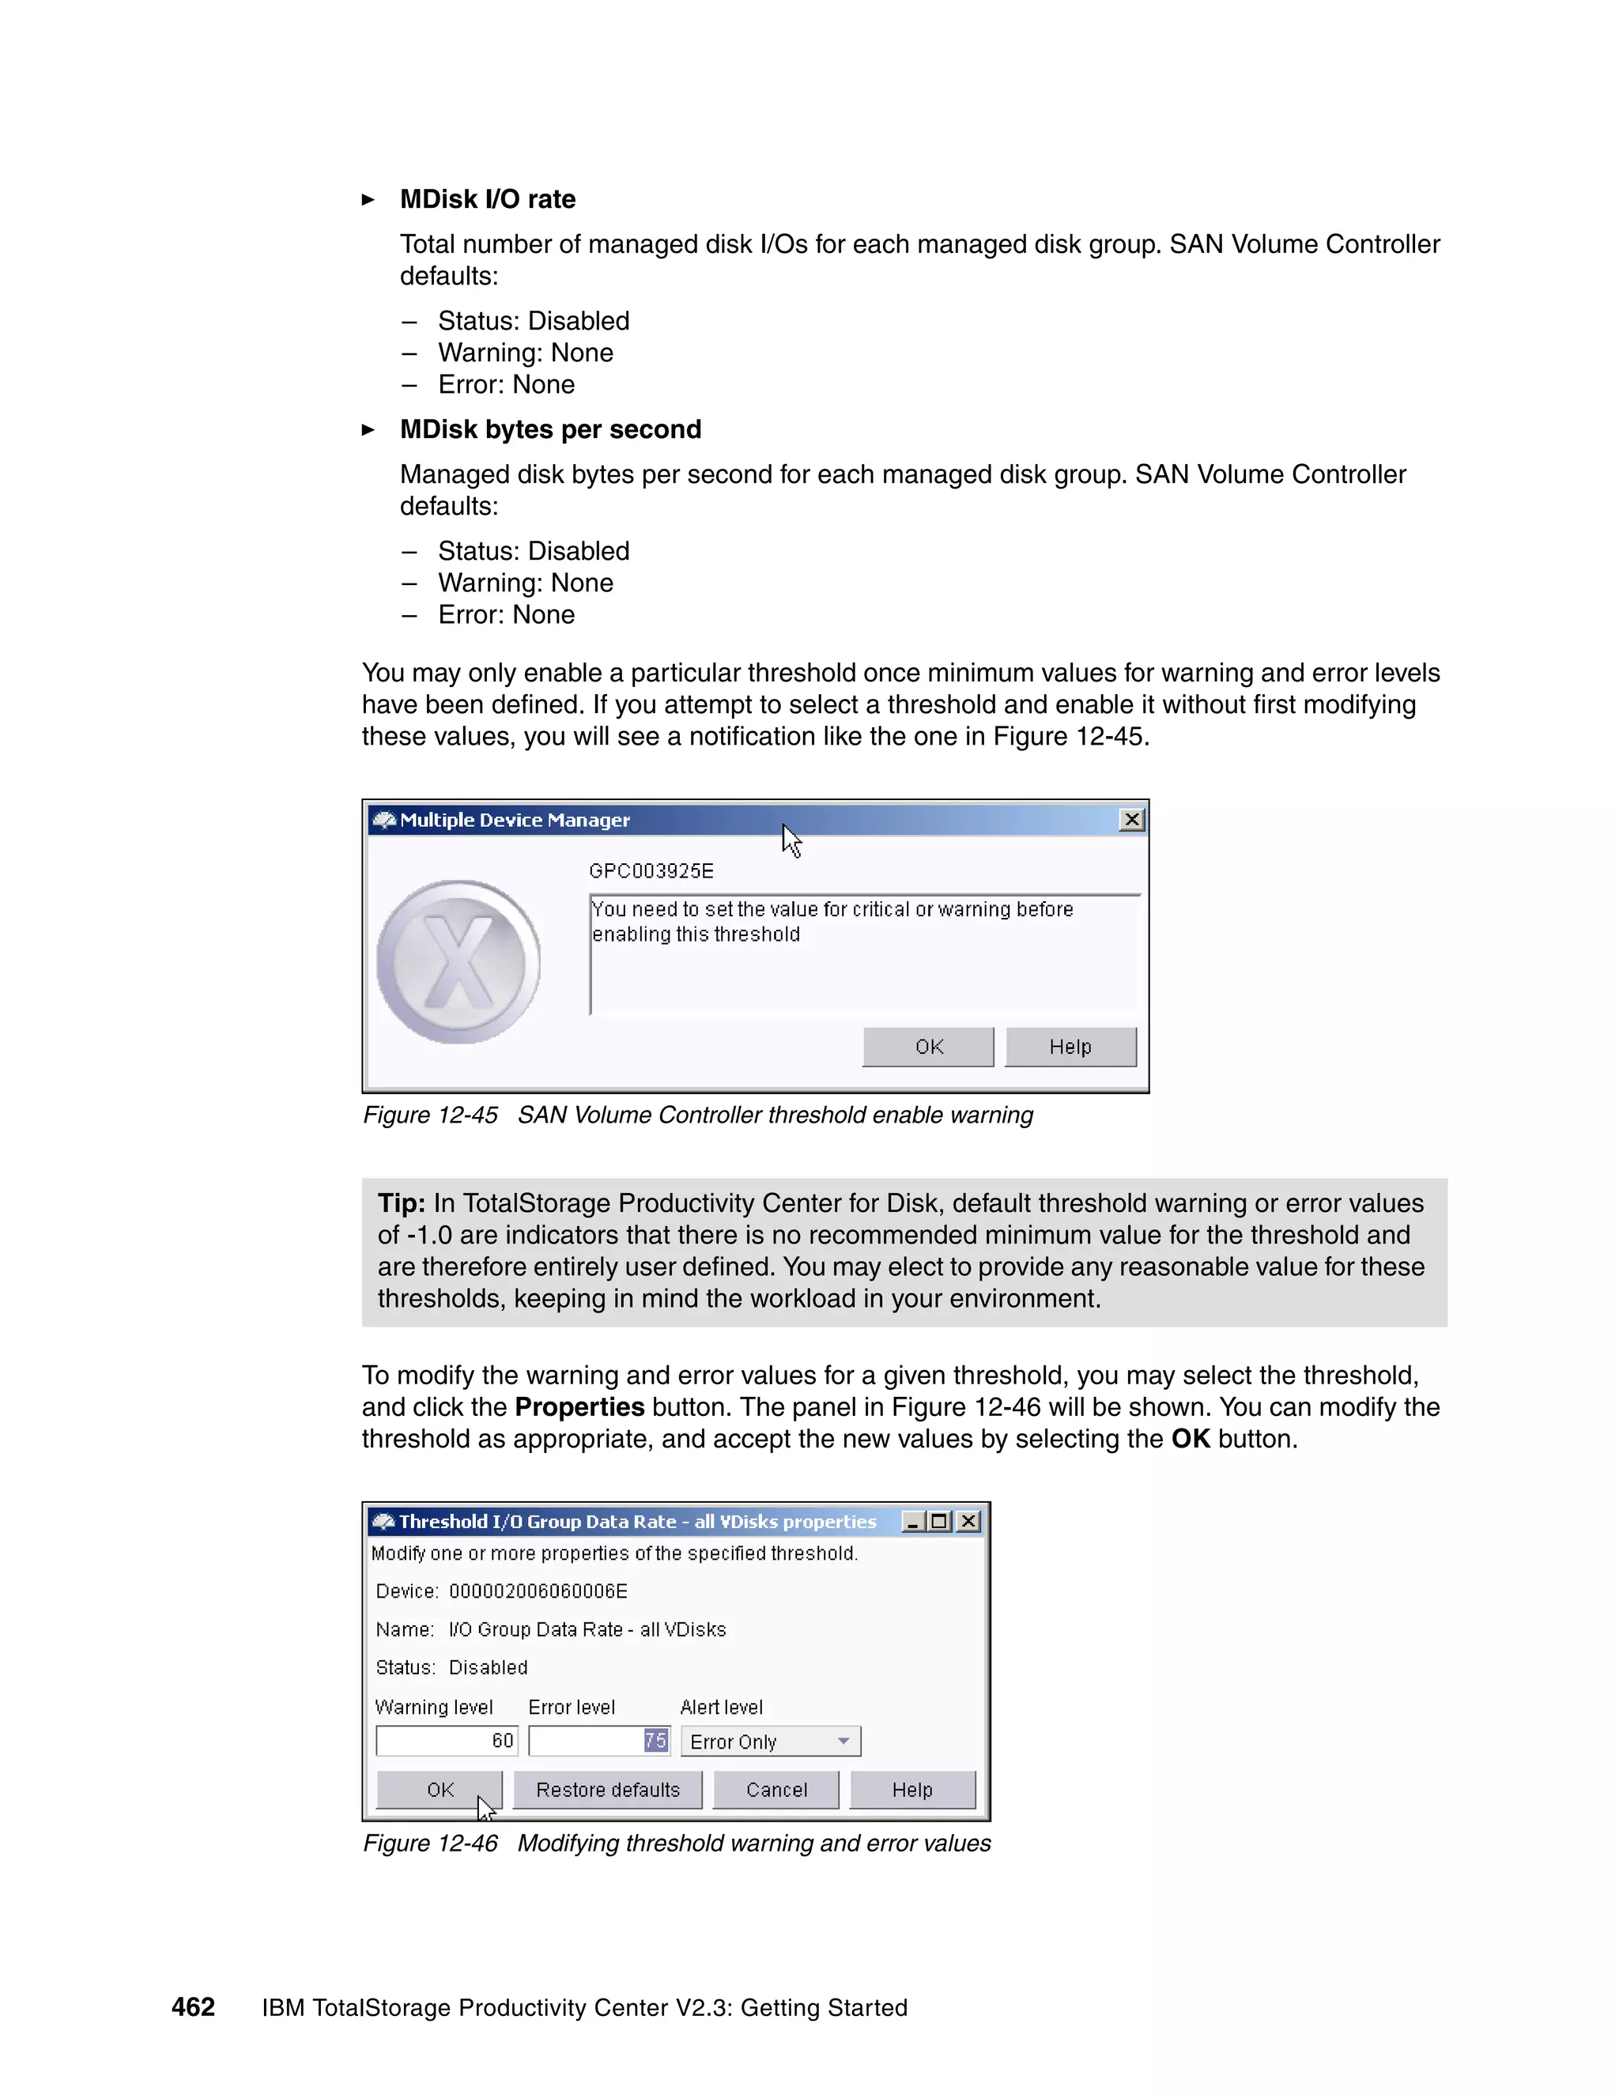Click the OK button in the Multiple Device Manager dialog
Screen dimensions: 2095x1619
click(927, 1047)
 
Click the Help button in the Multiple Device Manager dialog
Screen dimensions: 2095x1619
click(1070, 1047)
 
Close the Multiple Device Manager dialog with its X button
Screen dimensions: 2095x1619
click(1132, 819)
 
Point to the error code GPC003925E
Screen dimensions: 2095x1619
click(651, 871)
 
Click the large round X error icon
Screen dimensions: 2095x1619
click(459, 962)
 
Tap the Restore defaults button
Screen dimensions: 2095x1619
click(607, 1790)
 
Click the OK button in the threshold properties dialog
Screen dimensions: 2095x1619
click(440, 1790)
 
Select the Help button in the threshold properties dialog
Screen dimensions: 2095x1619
click(911, 1790)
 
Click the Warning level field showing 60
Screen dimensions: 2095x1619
click(447, 1740)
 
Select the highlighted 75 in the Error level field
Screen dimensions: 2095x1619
click(655, 1740)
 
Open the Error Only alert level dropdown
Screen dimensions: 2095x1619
click(843, 1741)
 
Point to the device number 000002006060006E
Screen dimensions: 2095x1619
click(538, 1591)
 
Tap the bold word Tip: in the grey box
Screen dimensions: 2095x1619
click(401, 1203)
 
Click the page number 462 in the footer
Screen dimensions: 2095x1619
click(193, 2006)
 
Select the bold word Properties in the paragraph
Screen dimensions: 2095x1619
click(579, 1407)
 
